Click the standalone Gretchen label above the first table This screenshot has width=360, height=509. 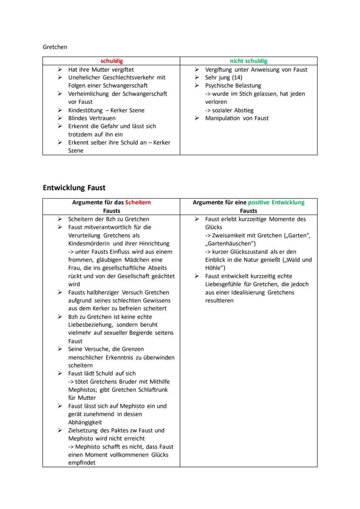coord(55,47)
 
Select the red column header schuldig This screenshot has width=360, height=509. coord(112,61)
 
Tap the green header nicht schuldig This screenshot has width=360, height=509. coord(249,61)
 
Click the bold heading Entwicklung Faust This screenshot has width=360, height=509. coord(74,188)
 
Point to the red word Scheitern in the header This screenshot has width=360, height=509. coord(138,203)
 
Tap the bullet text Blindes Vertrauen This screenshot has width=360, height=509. coord(92,118)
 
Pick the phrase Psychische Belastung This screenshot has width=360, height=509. coord(233,86)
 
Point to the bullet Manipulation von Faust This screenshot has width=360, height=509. coord(237,118)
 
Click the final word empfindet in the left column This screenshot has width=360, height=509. coord(82,463)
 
